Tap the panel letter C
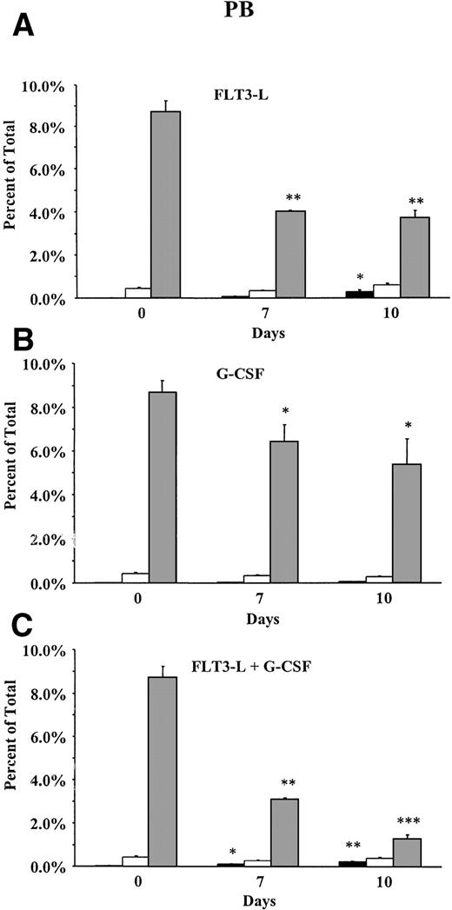21,622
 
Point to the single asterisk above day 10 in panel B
407,424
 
